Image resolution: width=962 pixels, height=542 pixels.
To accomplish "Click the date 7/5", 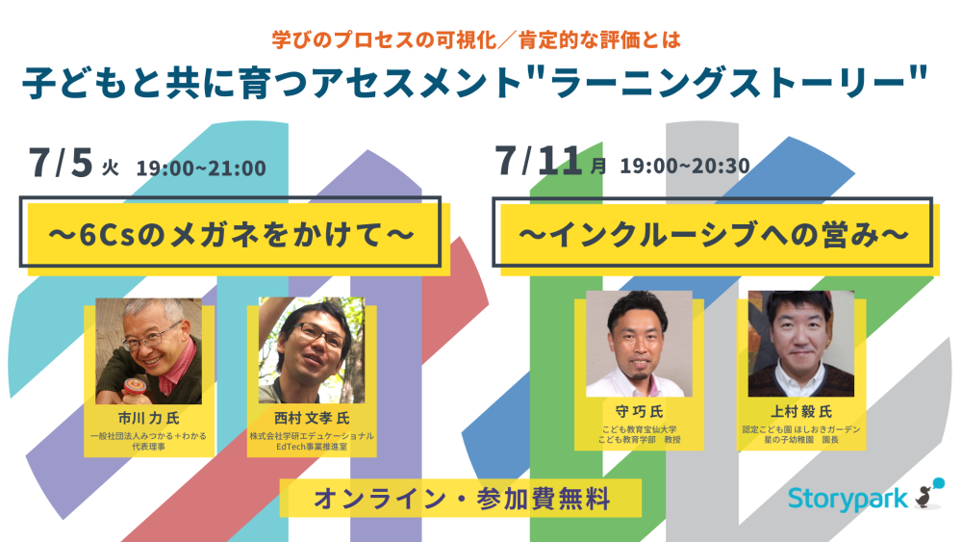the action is pyautogui.click(x=61, y=163).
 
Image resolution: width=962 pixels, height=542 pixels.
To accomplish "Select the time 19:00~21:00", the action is pyautogui.click(x=201, y=168).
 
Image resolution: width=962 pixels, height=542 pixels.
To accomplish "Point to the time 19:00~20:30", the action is pyautogui.click(x=685, y=166).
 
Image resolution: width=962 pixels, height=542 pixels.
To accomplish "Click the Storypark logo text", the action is pyautogui.click(x=848, y=499).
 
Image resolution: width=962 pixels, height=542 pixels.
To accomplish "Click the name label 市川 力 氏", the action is pyautogui.click(x=148, y=418).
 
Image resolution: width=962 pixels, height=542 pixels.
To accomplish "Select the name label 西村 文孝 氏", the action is pyautogui.click(x=312, y=418).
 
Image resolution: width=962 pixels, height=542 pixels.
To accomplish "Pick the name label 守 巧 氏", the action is pyautogui.click(x=639, y=411).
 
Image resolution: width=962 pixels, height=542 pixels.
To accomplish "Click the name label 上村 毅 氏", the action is pyautogui.click(x=801, y=411).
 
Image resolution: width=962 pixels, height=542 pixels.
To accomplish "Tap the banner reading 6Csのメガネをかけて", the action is pyautogui.click(x=231, y=234).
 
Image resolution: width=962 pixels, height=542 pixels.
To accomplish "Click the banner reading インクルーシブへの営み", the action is pyautogui.click(x=713, y=234).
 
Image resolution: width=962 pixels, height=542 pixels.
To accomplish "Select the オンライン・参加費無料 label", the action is pyautogui.click(x=461, y=499).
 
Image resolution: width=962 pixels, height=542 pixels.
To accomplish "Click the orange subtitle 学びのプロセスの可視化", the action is pyautogui.click(x=385, y=39).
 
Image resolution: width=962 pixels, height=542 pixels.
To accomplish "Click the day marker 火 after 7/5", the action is pyautogui.click(x=111, y=168).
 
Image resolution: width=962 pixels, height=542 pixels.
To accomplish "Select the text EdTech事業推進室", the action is pyautogui.click(x=312, y=447).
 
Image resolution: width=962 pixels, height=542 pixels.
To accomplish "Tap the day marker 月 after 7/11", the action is pyautogui.click(x=598, y=166).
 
